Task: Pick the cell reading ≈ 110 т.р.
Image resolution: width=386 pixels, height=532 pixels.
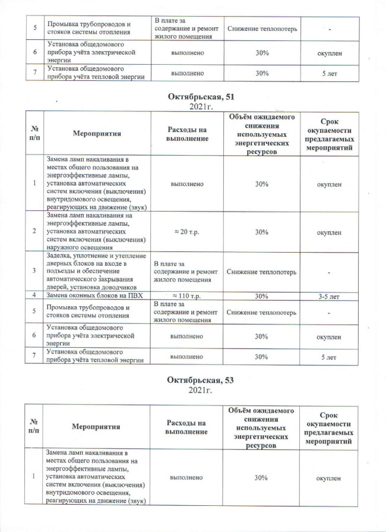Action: click(188, 295)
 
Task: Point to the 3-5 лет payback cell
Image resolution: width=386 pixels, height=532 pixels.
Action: click(328, 295)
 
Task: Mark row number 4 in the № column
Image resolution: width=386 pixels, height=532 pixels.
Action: click(34, 295)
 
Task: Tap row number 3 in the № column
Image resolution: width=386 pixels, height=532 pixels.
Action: click(34, 271)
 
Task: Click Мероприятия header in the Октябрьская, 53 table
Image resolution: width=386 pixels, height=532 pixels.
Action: click(97, 427)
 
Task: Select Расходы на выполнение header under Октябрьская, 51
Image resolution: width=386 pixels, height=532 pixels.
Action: click(188, 134)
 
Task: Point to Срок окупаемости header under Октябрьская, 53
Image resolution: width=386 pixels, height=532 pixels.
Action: click(328, 427)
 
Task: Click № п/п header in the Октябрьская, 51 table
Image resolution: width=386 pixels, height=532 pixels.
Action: click(34, 134)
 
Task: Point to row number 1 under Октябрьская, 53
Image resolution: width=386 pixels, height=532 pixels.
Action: click(34, 477)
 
